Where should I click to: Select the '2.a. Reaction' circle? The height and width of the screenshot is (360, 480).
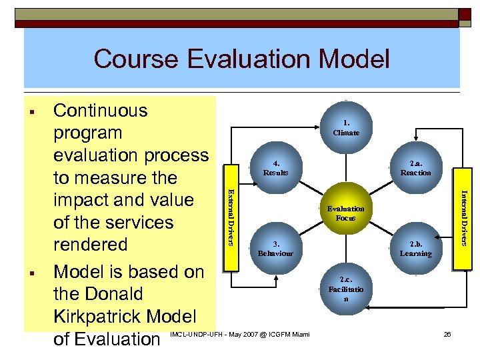click(x=415, y=168)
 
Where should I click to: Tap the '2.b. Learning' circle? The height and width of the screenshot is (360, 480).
click(x=415, y=249)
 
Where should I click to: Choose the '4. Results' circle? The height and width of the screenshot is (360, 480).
click(x=275, y=168)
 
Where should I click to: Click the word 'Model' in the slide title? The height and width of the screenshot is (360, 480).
click(x=353, y=59)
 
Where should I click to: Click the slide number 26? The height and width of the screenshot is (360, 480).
click(x=447, y=334)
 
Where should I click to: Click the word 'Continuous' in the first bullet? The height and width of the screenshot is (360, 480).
click(x=100, y=111)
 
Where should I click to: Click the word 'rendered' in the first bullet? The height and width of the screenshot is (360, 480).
click(x=90, y=245)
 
